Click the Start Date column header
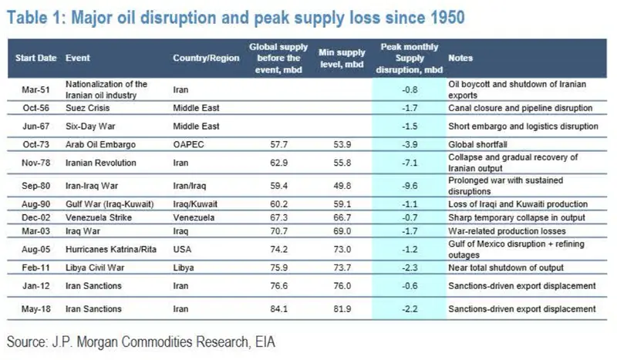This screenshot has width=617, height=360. (x=35, y=58)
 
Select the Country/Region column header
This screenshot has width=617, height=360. (x=206, y=58)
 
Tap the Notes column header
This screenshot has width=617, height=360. (x=460, y=58)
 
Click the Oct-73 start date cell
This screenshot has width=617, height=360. (x=35, y=144)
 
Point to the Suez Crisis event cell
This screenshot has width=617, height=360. (x=87, y=108)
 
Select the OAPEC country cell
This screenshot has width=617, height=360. (x=188, y=144)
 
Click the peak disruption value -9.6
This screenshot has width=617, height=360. (x=410, y=186)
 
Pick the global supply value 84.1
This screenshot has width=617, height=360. (x=278, y=309)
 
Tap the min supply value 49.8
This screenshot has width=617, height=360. (x=342, y=186)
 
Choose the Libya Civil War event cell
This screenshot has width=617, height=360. (x=95, y=267)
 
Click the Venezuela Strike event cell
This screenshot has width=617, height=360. (x=99, y=217)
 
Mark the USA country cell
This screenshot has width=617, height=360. (x=182, y=249)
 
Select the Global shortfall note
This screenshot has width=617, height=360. (x=477, y=144)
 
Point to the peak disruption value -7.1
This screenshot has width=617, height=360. (x=410, y=163)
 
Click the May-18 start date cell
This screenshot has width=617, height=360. (x=35, y=309)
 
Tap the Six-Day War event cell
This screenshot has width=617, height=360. (x=90, y=126)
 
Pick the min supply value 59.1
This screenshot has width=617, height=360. (x=342, y=204)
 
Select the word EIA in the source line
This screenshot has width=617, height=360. (x=265, y=341)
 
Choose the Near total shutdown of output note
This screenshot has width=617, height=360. (x=506, y=267)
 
